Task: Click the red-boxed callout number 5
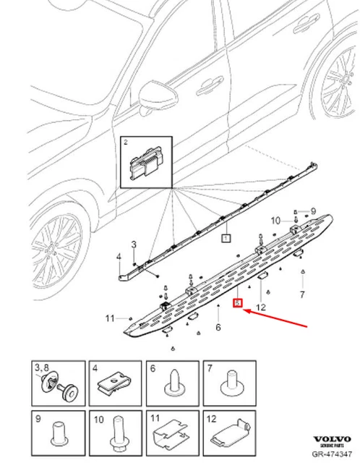236,304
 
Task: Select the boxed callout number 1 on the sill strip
225,237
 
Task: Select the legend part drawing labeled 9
60,434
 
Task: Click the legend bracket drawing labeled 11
172,436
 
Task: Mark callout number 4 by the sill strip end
119,257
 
